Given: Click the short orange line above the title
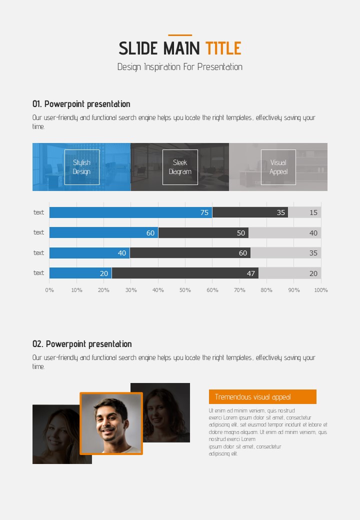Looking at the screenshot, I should point(180,35).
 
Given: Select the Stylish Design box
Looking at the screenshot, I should point(82,167).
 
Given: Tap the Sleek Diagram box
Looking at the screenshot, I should point(180,167).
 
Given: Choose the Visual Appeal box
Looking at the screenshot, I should point(278,167).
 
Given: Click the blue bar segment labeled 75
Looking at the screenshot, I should point(130,212).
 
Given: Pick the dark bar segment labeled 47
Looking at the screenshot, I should point(185,273).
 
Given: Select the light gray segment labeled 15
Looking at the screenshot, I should point(304,212).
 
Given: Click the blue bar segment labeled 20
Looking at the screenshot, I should point(80,273).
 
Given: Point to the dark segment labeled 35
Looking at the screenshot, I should point(250,212).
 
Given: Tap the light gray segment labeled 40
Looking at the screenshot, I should point(284,232).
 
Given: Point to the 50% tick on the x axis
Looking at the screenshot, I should point(185,290).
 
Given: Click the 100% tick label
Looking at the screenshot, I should point(320,290).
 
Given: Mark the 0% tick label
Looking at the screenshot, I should point(49,290).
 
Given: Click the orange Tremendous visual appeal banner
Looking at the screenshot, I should point(262,397).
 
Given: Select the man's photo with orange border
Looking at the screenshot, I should point(111,423).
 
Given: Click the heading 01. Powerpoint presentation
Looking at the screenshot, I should point(81,104).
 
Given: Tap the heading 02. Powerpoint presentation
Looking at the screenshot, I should point(82,344).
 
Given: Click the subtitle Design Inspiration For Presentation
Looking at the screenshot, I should point(180,67).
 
